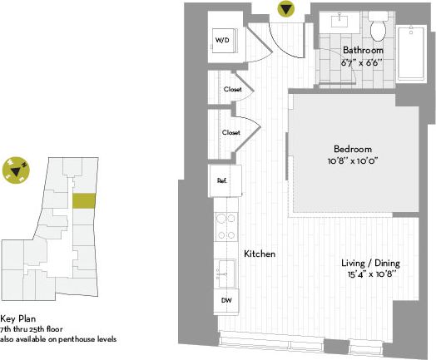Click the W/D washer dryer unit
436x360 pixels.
224,39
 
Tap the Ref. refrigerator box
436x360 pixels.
223,180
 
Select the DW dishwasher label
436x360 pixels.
225,300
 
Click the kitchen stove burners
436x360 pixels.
225,227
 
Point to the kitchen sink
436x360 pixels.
225,269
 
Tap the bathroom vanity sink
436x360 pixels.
342,21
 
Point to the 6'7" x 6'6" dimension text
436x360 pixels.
360,62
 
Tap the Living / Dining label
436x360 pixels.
370,263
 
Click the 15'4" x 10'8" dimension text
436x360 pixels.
370,274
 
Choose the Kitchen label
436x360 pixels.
259,254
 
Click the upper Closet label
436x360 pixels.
232,90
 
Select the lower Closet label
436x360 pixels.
231,132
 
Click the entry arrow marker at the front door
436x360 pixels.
286,10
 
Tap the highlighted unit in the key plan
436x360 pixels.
83,200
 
